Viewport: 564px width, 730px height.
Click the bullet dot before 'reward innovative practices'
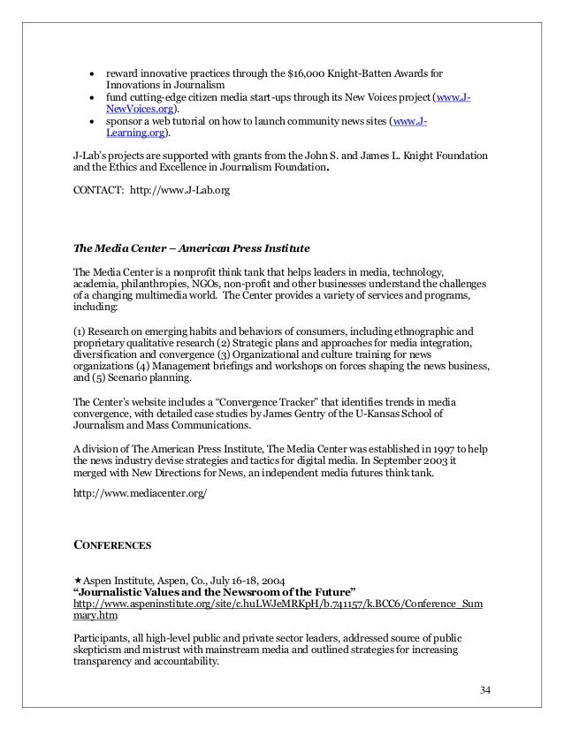point(92,72)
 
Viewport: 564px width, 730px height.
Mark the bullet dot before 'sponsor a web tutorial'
point(92,122)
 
